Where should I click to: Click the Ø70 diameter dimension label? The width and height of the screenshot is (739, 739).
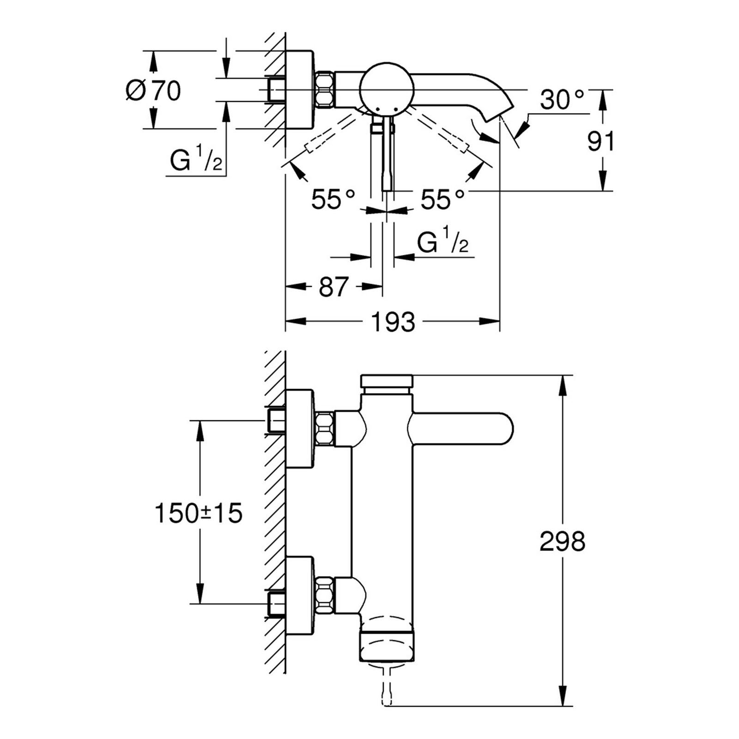[x=153, y=91]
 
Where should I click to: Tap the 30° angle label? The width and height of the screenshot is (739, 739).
[x=562, y=99]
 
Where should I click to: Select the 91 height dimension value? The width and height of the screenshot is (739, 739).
[x=601, y=142]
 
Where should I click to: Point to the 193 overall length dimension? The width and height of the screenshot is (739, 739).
[x=394, y=322]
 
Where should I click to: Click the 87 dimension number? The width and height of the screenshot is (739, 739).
[x=333, y=287]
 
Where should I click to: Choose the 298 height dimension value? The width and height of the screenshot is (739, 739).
[x=562, y=541]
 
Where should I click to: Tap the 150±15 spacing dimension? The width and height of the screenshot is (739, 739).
[x=199, y=513]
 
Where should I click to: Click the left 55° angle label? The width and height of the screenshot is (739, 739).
[x=333, y=200]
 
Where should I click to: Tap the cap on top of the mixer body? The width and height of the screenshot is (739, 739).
[x=386, y=382]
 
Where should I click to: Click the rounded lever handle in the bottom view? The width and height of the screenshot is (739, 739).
[x=462, y=429]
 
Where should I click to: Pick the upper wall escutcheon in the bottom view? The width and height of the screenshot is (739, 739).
[x=300, y=429]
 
